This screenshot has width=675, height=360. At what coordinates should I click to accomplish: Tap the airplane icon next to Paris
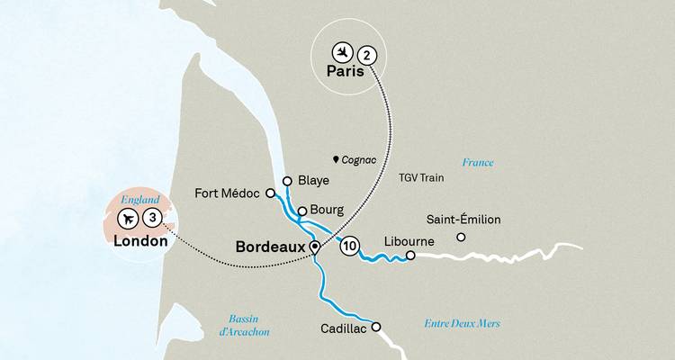(x=341, y=51)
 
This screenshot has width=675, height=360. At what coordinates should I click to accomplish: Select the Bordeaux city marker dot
(x=314, y=246)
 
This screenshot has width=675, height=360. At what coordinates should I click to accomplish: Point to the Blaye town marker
(x=287, y=181)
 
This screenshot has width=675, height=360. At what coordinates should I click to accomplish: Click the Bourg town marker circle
(x=303, y=211)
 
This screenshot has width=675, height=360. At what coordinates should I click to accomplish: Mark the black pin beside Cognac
(x=337, y=159)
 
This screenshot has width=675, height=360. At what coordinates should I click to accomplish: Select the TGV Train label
(x=423, y=179)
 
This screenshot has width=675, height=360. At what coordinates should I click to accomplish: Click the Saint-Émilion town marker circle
(x=461, y=238)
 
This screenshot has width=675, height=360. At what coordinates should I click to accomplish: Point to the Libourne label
(x=409, y=241)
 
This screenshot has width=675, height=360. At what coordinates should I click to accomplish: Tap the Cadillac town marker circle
(x=376, y=327)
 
